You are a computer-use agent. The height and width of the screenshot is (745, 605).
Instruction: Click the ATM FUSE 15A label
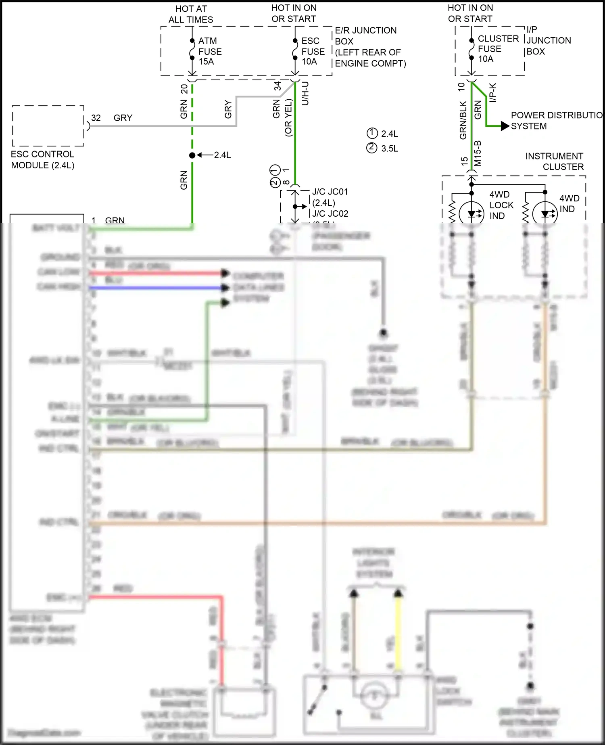click(x=210, y=51)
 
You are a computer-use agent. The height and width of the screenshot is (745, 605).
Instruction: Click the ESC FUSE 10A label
click(x=313, y=51)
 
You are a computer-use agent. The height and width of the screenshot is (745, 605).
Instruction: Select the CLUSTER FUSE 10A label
click(x=498, y=49)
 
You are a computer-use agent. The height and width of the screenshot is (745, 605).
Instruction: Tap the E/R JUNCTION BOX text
click(x=365, y=36)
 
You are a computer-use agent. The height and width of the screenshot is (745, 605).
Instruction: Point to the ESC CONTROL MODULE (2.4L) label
click(x=42, y=160)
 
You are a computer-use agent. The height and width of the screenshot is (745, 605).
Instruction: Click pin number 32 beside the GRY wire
click(x=96, y=118)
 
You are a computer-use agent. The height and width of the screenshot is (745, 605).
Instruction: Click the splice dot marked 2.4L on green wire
click(x=192, y=155)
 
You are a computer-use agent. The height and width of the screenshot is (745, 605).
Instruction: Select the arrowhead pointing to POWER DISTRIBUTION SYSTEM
click(x=505, y=126)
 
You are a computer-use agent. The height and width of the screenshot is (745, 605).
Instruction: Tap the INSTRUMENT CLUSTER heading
click(x=555, y=161)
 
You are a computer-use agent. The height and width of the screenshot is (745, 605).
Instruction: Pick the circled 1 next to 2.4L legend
click(x=372, y=134)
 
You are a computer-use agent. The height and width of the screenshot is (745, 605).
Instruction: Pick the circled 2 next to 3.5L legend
click(x=372, y=148)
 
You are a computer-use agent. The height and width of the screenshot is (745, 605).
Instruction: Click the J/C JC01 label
click(x=330, y=192)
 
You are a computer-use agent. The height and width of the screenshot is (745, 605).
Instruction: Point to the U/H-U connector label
click(x=305, y=94)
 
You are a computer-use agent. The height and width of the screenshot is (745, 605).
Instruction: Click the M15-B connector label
click(x=478, y=153)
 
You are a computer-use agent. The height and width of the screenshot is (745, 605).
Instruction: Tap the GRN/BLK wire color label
click(x=463, y=120)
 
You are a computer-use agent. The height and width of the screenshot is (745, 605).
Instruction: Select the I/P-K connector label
click(x=493, y=92)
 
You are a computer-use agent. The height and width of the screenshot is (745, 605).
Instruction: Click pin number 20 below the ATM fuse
click(x=184, y=88)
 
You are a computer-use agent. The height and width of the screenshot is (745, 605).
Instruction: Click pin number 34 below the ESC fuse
click(x=277, y=86)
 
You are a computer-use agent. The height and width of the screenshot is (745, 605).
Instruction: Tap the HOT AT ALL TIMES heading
click(x=191, y=14)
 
